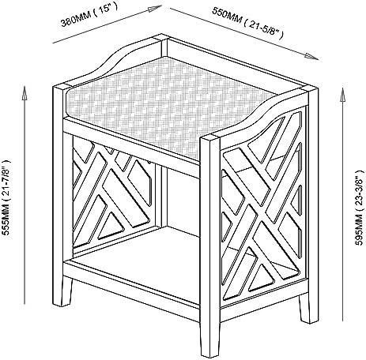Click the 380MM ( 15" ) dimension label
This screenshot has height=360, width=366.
click(x=89, y=16)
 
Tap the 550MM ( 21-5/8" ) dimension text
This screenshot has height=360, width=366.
click(x=247, y=22)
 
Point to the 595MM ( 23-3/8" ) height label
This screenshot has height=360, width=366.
click(x=360, y=208)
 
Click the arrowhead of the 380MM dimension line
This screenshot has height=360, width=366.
click(x=155, y=9)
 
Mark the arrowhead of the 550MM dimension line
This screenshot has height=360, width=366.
click(x=312, y=56)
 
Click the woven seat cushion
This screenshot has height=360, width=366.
click(x=168, y=105)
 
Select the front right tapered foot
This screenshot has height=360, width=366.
click(x=209, y=339)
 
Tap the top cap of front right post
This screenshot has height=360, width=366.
click(x=209, y=139)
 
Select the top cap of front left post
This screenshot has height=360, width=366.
click(x=60, y=88)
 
